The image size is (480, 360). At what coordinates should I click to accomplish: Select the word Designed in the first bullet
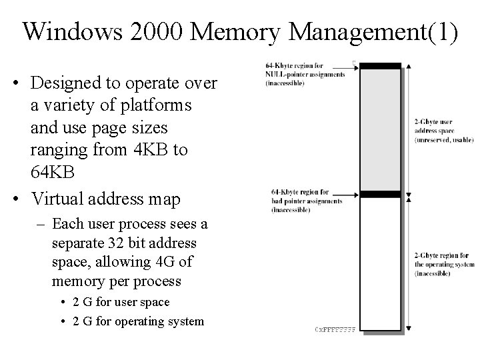click(65, 83)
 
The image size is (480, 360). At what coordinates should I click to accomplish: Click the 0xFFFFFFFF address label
click(334, 329)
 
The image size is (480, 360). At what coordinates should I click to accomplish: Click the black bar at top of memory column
click(380, 66)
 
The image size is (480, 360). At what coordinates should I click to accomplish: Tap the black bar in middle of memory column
click(380, 195)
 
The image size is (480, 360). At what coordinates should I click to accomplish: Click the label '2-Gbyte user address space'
click(441, 131)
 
